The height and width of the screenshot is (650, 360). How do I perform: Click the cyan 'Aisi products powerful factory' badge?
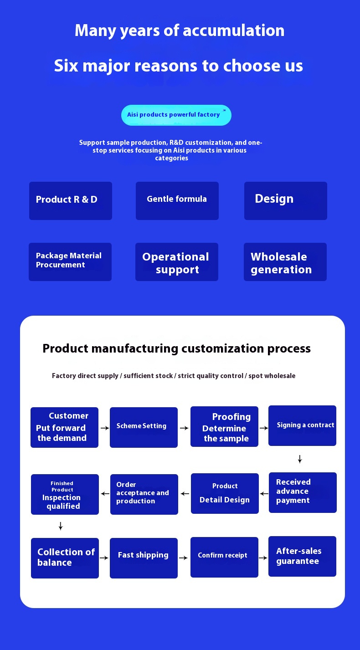pyautogui.click(x=176, y=115)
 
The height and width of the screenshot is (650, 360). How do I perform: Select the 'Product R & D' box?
pyautogui.click(x=71, y=201)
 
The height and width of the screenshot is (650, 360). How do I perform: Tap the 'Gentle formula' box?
pyautogui.click(x=177, y=201)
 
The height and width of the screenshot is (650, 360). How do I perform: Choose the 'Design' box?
pyautogui.click(x=286, y=201)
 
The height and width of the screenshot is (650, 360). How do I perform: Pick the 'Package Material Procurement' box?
pyautogui.click(x=70, y=262)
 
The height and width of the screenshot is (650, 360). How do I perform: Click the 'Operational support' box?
pyautogui.click(x=177, y=262)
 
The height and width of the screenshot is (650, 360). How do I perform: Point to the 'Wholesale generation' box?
pyautogui.click(x=285, y=262)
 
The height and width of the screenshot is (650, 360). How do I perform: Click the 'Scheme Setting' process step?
pyautogui.click(x=144, y=427)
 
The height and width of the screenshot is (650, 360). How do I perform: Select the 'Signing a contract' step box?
pyautogui.click(x=302, y=425)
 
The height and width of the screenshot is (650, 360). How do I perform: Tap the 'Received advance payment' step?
pyautogui.click(x=303, y=492)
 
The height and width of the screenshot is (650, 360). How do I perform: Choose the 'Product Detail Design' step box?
pyautogui.click(x=225, y=493)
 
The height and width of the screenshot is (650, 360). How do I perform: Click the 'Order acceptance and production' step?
pyautogui.click(x=144, y=494)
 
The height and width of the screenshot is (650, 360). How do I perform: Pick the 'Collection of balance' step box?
pyautogui.click(x=65, y=558)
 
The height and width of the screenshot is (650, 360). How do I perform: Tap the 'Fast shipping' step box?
pyautogui.click(x=144, y=558)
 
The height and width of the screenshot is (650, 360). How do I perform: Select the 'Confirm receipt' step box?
pyautogui.click(x=224, y=557)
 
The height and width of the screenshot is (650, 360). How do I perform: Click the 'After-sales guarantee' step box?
pyautogui.click(x=302, y=556)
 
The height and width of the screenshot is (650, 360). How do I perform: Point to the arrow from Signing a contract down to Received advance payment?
pyautogui.click(x=300, y=459)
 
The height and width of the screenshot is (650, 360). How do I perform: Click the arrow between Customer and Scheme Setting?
pyautogui.click(x=104, y=428)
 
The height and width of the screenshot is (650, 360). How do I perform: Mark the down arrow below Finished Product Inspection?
pyautogui.click(x=61, y=526)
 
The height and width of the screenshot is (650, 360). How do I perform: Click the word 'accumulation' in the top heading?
pyautogui.click(x=233, y=31)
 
